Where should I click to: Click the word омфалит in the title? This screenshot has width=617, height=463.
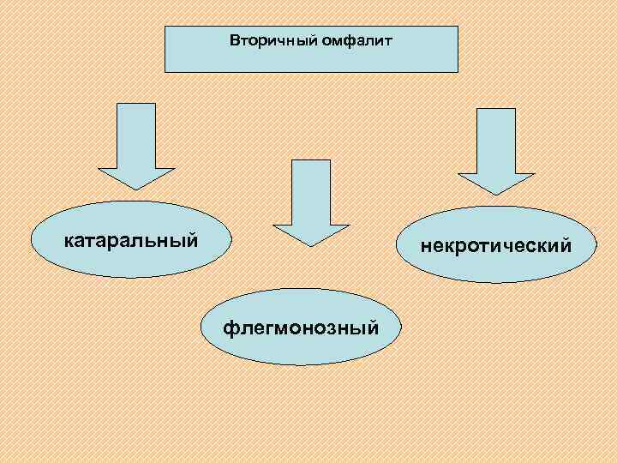[x=348, y=39]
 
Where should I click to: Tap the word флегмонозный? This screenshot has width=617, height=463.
[x=301, y=328]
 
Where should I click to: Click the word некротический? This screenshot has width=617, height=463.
[x=495, y=247]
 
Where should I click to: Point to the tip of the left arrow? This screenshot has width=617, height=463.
[x=136, y=188]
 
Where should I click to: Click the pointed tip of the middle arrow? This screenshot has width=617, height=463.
[x=311, y=245]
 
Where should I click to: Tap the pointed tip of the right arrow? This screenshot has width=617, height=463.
[x=496, y=194]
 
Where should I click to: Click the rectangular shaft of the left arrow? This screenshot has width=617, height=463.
[x=136, y=133]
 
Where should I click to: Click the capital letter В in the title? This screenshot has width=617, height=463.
[x=234, y=39]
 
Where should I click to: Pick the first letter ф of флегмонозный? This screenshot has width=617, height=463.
[x=229, y=328]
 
